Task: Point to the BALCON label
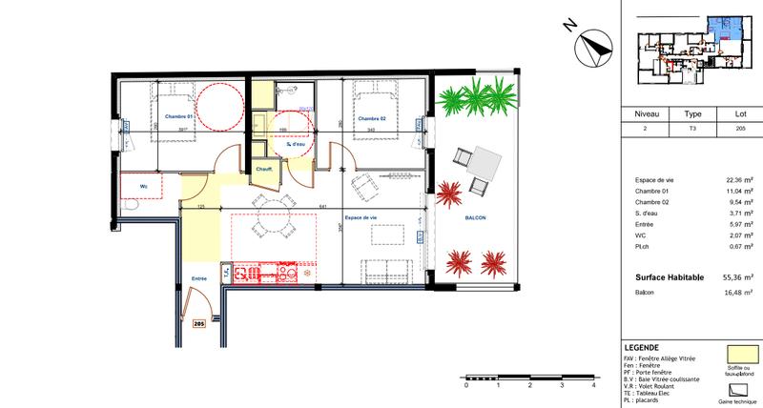coord(477,218)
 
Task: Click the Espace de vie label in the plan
coord(360,217)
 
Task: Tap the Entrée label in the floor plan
coord(199,278)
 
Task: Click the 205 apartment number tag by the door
coord(199,323)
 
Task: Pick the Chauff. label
coord(264,168)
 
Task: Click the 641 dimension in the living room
coord(323,206)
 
